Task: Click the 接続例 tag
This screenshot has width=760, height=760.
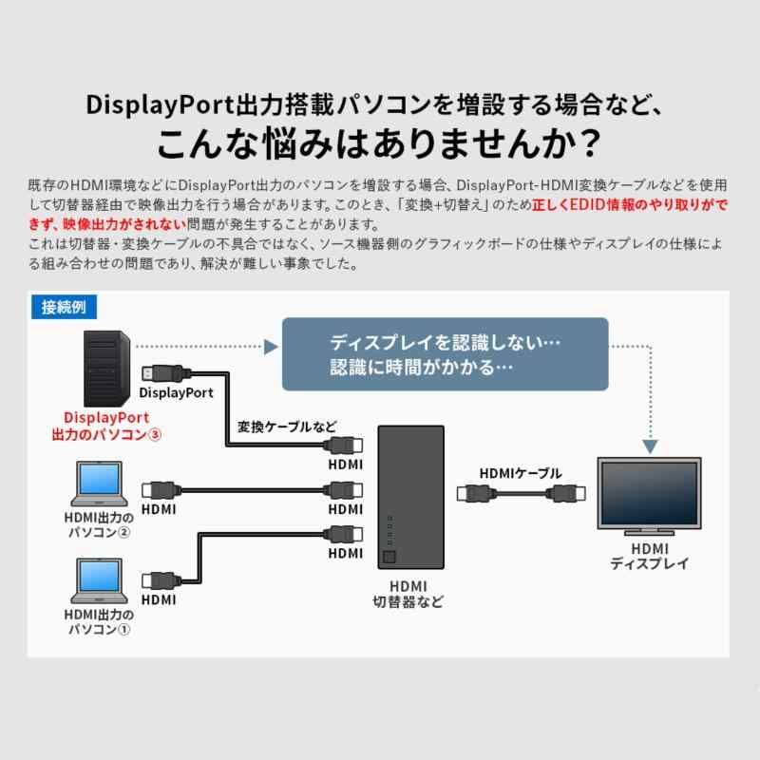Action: [64, 307]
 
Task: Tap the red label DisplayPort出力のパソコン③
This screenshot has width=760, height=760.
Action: [112, 426]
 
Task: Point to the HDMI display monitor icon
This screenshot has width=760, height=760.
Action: [649, 495]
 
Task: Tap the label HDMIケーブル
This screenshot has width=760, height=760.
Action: [521, 473]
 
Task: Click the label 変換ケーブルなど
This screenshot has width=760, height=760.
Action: [286, 427]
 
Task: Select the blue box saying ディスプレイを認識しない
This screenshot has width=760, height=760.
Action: [445, 353]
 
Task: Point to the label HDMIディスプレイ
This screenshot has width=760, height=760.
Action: [650, 556]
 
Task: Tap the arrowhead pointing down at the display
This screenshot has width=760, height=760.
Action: [650, 445]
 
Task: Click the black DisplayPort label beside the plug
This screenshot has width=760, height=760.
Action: [177, 391]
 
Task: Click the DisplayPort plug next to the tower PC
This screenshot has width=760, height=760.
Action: [158, 371]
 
